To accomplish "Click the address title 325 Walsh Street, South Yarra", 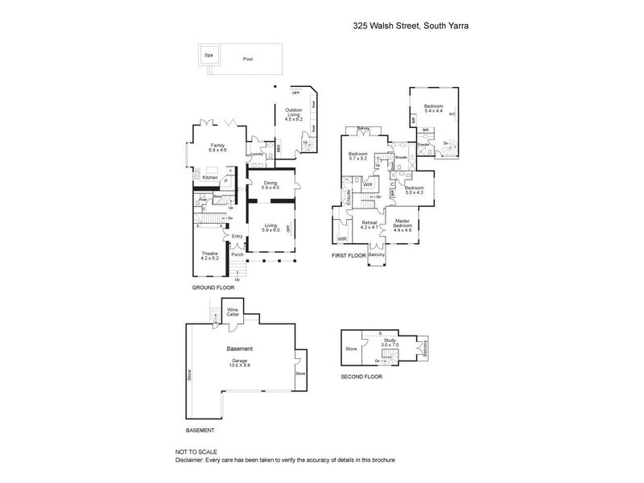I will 411,26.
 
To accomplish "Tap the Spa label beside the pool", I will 208,55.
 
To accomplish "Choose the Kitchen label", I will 209,178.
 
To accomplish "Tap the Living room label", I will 270,228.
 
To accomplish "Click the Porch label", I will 237,254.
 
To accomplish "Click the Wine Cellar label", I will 233,312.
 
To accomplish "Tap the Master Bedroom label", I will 402,225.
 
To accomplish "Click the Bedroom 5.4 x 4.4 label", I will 434,109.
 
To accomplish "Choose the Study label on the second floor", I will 390,343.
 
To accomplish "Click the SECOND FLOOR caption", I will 361,376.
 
